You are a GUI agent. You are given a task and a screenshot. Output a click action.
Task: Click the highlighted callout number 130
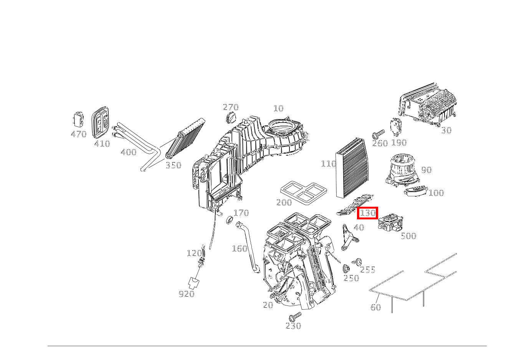368,213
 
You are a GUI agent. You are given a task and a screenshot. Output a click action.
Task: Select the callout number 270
231,108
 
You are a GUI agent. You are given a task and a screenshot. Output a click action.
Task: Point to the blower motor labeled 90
402,171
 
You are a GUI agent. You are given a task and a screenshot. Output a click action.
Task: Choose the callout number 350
173,166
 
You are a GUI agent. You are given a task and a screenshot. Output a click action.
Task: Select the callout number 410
102,144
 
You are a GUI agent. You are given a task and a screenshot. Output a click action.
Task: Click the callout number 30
446,131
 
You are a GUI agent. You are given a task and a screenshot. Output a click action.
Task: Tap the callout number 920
187,294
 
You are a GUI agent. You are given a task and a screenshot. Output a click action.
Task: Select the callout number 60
375,307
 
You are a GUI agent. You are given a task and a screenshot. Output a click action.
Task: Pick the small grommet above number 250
346,269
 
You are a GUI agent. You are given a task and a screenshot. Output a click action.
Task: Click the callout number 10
278,108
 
